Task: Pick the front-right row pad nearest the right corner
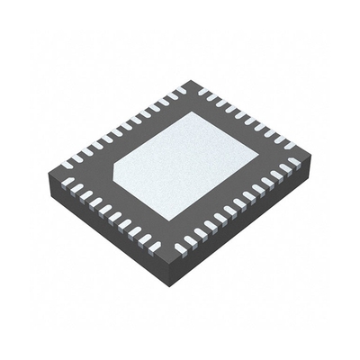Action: coord(292,166)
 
